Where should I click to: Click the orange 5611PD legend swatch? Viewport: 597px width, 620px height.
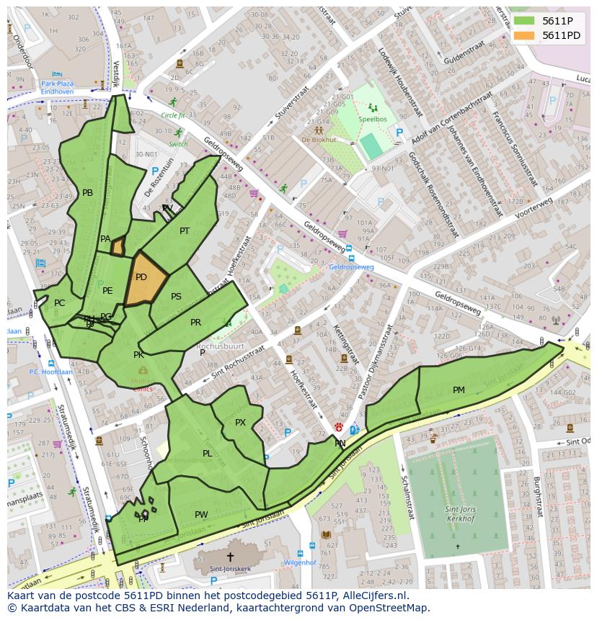(x=524, y=35)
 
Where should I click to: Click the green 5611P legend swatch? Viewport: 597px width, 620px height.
(x=524, y=21)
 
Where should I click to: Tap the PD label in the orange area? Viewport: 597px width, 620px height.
(x=141, y=277)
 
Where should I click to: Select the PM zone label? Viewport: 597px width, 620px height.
(x=459, y=390)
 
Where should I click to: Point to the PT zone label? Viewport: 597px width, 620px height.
(x=185, y=231)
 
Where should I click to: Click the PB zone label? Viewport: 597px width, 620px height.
(x=87, y=193)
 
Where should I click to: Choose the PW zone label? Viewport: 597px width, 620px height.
(x=201, y=515)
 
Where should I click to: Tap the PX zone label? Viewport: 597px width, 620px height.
(x=240, y=423)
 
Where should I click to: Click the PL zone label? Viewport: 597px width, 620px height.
(x=207, y=454)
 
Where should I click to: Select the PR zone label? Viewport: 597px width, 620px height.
(x=195, y=323)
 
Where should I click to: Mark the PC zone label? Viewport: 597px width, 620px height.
(x=59, y=303)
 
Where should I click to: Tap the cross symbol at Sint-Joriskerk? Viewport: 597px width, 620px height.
(x=230, y=557)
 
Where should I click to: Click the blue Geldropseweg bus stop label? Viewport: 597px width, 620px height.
(x=351, y=266)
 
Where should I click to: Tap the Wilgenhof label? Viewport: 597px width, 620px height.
(x=300, y=562)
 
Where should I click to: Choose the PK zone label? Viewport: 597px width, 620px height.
(x=138, y=355)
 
